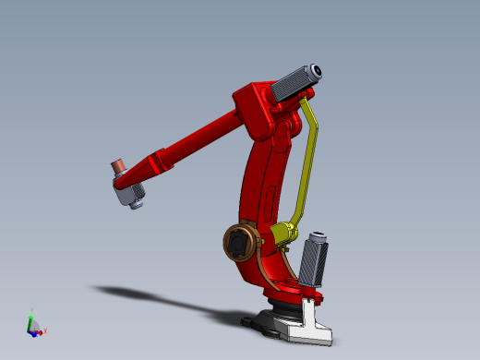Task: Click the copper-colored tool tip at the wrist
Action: click(x=118, y=166)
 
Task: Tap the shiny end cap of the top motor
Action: click(x=316, y=70)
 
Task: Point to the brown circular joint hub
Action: click(x=241, y=243)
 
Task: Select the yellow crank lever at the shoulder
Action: click(x=281, y=234)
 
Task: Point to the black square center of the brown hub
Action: click(x=240, y=244)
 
